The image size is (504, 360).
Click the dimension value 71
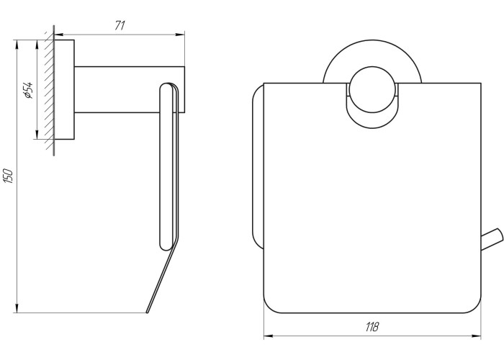pos(120,26)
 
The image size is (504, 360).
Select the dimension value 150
pos(9,176)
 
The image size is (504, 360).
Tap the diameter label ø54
pos(28,90)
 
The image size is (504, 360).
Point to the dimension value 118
pos(372,327)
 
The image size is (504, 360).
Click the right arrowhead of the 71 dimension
pos(180,35)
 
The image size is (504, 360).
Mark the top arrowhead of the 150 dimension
pos(17,45)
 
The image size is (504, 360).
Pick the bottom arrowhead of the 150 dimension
pos(17,307)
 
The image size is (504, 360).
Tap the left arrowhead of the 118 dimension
pos(269,336)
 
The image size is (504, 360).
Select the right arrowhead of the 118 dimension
pos(477,336)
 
